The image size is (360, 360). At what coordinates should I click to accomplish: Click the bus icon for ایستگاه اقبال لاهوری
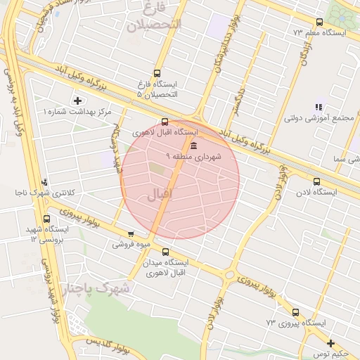coord(165,121)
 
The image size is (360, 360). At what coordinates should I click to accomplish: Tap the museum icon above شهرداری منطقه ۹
coord(193,146)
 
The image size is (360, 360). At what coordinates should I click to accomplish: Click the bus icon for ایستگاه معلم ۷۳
coord(319,22)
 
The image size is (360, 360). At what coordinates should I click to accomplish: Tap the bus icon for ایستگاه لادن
coord(316,181)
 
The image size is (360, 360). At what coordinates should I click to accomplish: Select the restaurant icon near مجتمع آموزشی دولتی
coord(319,107)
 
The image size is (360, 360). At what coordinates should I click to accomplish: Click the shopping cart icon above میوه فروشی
coord(131,234)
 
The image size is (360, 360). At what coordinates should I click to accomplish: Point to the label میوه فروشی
coord(131,245)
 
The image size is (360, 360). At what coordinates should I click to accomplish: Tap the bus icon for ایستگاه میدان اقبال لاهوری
coord(165,252)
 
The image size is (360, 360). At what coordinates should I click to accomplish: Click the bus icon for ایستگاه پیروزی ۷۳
coord(295,312)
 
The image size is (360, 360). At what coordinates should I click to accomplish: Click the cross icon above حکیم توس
coord(330,343)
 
